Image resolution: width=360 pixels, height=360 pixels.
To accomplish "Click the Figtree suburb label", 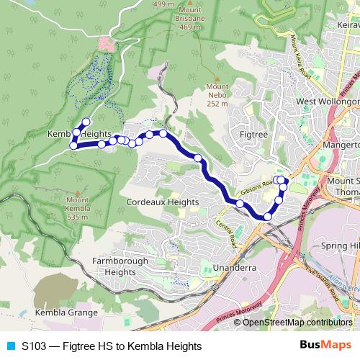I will coord(253,134).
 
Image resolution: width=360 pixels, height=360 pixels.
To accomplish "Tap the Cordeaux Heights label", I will coord(162,202).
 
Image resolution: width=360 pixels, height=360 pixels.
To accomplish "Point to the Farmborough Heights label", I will coord(120,266).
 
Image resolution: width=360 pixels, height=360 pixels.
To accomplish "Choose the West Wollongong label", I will coord(328,102).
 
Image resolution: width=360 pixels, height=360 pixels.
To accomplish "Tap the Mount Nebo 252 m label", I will coord(217,95).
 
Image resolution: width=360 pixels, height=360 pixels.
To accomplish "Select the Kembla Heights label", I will coord(79,134).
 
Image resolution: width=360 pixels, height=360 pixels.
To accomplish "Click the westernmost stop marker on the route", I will coord(73,146).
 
